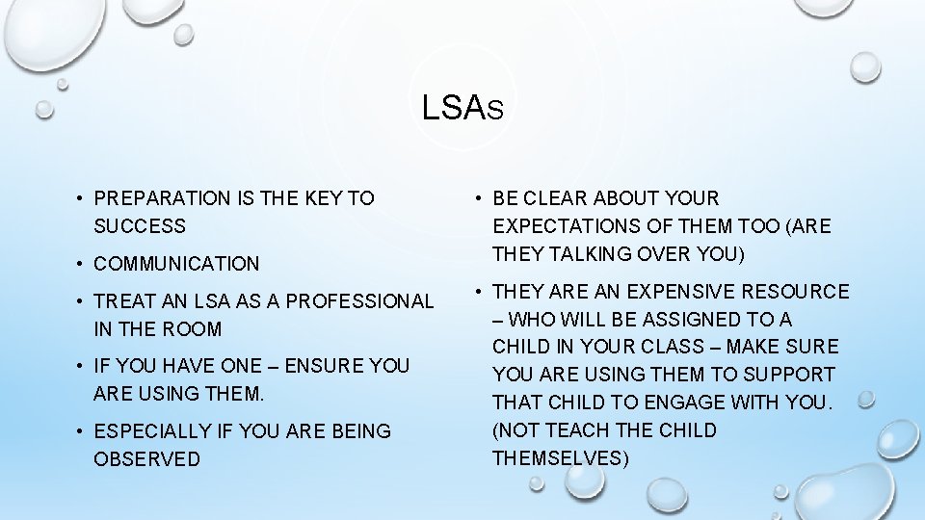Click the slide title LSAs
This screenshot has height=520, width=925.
click(x=462, y=107)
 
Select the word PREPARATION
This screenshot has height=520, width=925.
click(x=163, y=198)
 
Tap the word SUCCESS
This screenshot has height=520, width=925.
click(x=140, y=226)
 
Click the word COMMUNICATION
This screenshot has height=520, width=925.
click(x=176, y=263)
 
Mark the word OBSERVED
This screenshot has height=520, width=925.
click(x=146, y=459)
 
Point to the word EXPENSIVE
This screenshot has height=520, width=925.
click(x=677, y=292)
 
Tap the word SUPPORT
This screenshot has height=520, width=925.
click(x=790, y=375)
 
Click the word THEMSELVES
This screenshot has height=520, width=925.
click(x=560, y=458)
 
